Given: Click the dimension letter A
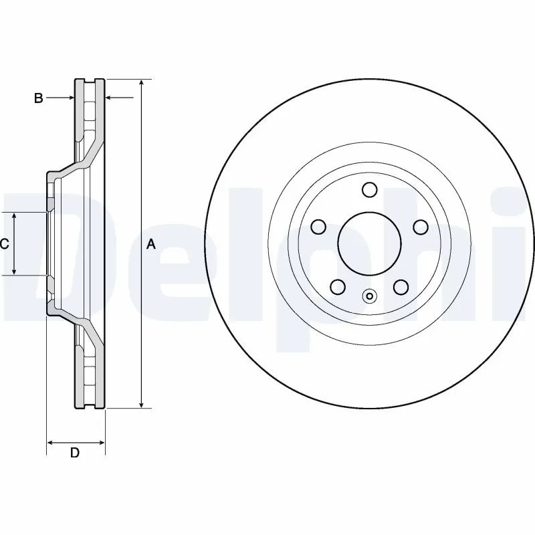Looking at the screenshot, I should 151,245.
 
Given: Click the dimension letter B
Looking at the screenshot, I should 39,98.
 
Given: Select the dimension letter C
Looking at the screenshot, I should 5,244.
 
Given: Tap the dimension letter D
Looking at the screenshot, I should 75,453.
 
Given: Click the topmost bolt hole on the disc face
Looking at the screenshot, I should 369,190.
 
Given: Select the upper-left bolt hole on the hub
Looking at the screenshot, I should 318,227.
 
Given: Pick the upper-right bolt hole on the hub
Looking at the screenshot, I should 420,227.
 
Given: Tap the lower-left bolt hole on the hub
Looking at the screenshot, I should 338,287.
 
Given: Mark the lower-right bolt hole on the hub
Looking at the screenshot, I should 401,287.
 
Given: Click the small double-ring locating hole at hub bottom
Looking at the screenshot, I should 369,296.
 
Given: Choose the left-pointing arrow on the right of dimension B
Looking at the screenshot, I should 110,98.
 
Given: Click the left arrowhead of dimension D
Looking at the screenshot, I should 50,442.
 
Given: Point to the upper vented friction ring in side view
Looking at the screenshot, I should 90,110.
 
